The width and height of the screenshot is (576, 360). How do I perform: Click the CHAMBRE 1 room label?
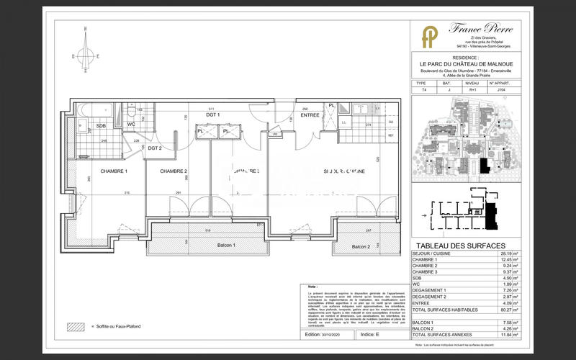point(114,171)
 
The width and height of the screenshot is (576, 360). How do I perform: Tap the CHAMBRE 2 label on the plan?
point(174,171)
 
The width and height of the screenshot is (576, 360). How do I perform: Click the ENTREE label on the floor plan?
point(310,115)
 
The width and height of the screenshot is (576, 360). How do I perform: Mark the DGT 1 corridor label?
point(212,115)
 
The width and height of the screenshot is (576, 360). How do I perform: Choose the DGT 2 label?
point(155,148)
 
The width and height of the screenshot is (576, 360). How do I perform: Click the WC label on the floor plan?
point(131,125)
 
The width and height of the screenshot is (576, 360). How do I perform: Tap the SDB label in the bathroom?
point(101,126)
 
